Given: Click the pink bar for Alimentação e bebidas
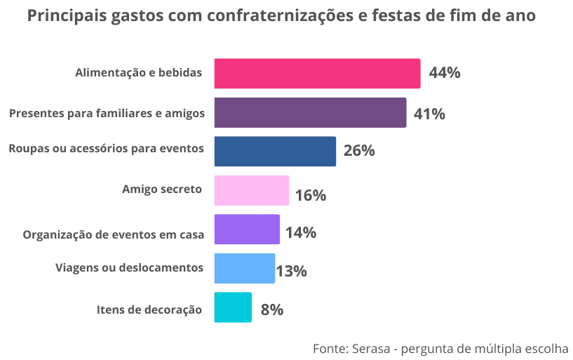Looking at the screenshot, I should [316, 73].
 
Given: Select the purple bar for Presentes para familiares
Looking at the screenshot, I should [309, 112].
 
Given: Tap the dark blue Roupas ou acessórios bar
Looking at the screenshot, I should [274, 151].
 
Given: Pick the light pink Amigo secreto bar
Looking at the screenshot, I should [251, 190].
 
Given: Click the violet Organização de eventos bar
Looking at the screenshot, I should [246, 229].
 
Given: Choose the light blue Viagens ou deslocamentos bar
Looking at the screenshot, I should [244, 268].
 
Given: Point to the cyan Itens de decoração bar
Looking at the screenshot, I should [232, 307].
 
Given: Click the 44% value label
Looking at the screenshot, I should [445, 73].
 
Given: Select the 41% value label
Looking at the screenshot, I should [430, 114].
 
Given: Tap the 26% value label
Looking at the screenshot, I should [359, 151].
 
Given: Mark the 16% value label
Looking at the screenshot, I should [311, 195].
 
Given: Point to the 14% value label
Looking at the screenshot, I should [301, 232].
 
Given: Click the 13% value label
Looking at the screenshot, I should [292, 271].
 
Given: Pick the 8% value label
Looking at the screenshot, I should [271, 309].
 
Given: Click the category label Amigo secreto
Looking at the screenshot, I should [162, 189].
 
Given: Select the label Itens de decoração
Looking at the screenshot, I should [149, 309].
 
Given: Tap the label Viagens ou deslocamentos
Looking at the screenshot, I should [129, 267].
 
